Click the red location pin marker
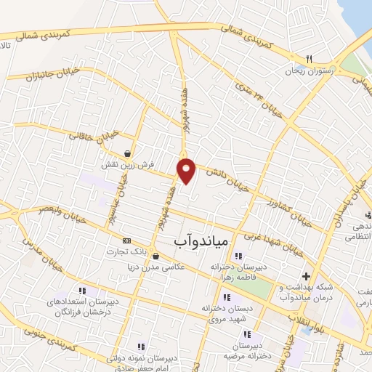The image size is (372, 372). (187, 170)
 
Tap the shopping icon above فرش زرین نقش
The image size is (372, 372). (129, 153)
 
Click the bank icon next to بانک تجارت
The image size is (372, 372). (127, 240)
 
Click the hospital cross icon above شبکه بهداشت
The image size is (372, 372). (307, 276)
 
